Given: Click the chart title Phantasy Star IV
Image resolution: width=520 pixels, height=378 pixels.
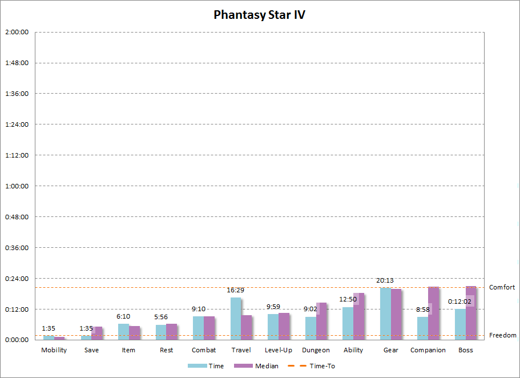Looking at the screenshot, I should [259, 15].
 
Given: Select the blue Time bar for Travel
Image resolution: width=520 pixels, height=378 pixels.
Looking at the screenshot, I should [236, 319].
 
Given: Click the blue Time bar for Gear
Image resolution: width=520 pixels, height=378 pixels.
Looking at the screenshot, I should [385, 313].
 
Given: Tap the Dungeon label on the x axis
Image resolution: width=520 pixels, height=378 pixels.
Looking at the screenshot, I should [316, 350].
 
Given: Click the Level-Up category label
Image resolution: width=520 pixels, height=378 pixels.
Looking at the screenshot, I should [279, 350].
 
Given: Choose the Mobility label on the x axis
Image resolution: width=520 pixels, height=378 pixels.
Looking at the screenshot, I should [54, 350].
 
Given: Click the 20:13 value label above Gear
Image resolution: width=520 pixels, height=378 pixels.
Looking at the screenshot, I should [385, 280].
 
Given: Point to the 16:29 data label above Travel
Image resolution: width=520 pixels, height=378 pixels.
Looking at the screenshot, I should [236, 290].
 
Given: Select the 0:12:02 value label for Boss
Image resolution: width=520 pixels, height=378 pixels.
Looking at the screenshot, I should [460, 301].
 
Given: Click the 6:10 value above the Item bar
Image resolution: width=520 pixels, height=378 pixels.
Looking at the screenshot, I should [123, 316].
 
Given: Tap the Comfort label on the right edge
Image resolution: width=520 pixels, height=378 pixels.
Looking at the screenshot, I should [502, 287].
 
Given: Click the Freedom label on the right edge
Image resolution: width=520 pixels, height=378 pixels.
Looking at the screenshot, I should [502, 335].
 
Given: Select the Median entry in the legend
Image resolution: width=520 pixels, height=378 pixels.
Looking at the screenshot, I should [263, 366].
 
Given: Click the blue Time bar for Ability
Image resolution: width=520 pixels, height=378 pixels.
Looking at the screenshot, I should [348, 323].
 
